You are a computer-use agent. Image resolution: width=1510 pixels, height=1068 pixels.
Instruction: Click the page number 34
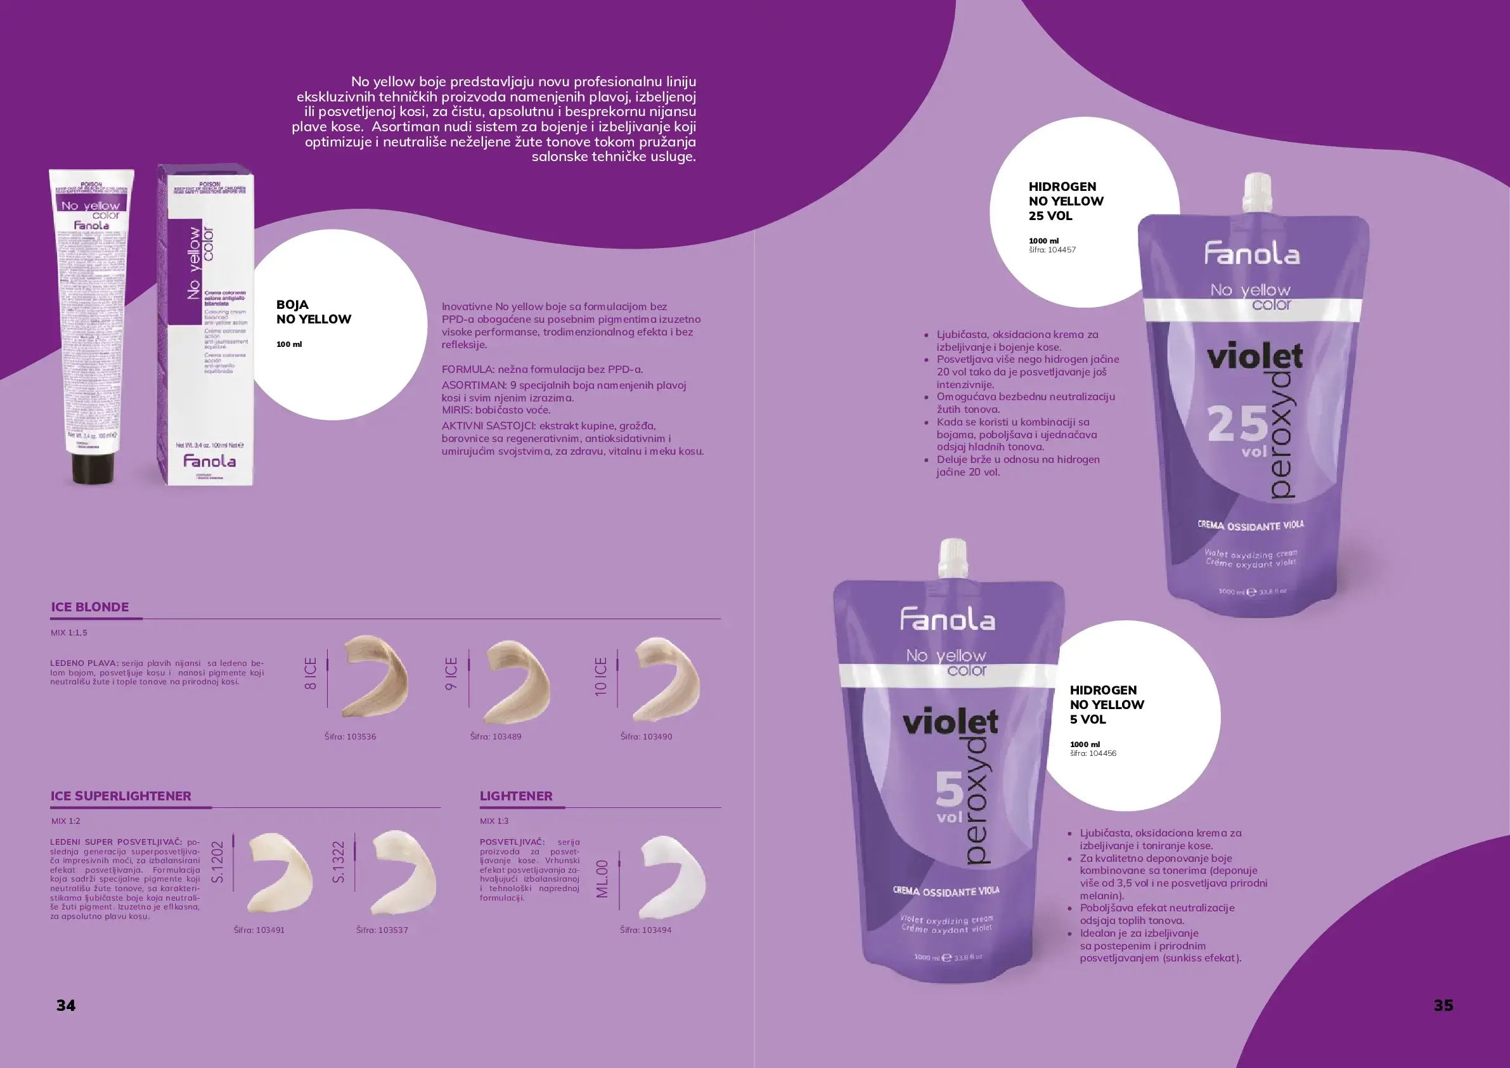(x=66, y=1005)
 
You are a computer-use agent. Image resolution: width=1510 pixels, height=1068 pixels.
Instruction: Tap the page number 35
(x=1443, y=1005)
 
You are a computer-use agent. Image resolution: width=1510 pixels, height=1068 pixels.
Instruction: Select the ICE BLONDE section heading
(x=90, y=607)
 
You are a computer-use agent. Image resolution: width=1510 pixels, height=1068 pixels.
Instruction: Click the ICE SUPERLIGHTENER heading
(x=121, y=795)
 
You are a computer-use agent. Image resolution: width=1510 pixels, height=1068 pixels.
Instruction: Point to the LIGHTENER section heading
(x=515, y=795)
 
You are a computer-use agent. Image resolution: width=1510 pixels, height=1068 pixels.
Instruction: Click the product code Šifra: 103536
(x=350, y=736)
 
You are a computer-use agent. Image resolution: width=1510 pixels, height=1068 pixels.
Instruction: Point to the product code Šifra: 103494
(x=645, y=930)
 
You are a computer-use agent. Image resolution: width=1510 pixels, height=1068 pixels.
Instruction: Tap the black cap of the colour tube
(x=92, y=467)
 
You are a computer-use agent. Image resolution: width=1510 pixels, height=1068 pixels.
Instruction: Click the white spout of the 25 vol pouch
(x=1257, y=192)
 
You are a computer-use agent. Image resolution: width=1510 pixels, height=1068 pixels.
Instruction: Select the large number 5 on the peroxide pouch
(x=949, y=789)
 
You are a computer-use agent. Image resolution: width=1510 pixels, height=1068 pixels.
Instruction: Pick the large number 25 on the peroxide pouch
(x=1237, y=424)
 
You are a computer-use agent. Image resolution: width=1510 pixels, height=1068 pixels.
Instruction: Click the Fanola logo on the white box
(x=209, y=460)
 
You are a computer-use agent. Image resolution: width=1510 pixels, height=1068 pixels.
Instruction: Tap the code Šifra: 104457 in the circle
(x=1052, y=250)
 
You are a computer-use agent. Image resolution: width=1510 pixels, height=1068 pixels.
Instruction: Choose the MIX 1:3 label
(x=494, y=821)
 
